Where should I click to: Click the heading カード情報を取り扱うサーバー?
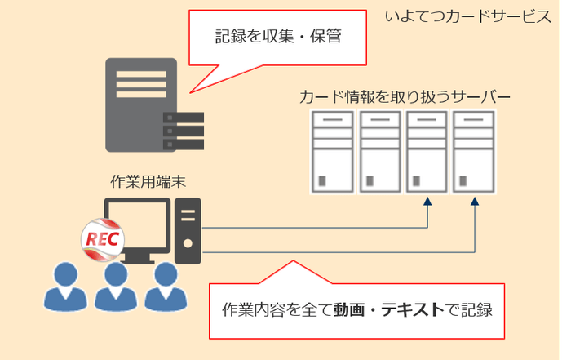coord(405,98)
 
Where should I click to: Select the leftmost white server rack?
coord(333,152)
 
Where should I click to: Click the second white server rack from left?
coord(380,152)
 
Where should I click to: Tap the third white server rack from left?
coord(427,152)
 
